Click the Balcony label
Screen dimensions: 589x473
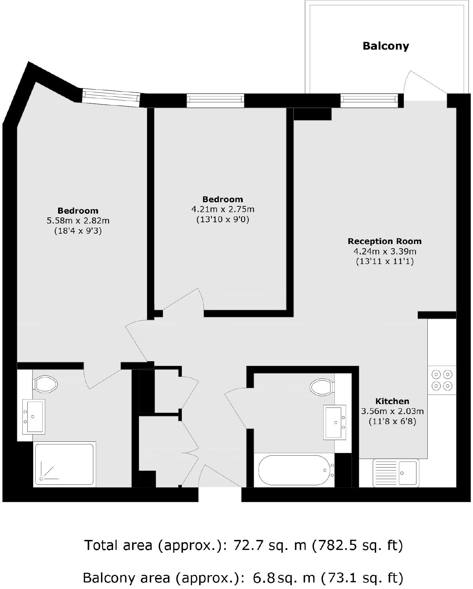click(x=386, y=46)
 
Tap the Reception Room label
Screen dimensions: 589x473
click(x=384, y=241)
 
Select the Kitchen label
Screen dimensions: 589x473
click(x=392, y=401)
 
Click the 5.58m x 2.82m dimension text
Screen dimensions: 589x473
click(x=78, y=221)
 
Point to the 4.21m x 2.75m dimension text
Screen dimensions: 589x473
click(x=223, y=209)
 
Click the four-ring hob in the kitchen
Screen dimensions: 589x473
click(x=442, y=380)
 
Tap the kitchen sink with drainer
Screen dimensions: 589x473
click(x=396, y=473)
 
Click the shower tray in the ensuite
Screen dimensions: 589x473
click(x=64, y=464)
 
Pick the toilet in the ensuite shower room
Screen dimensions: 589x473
click(x=45, y=384)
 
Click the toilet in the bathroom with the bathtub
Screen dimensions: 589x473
click(x=322, y=387)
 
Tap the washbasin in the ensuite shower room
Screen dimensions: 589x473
click(x=34, y=417)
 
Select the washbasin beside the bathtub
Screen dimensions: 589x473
click(x=335, y=422)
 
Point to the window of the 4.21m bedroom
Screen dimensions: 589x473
click(x=215, y=100)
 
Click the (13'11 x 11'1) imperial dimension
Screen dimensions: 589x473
click(x=385, y=261)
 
